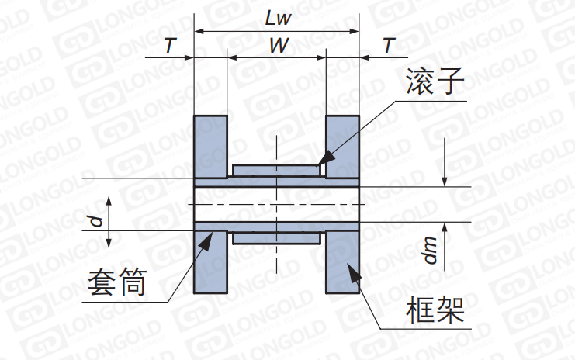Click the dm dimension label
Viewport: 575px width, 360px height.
point(431,250)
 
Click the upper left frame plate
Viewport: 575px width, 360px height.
point(210,147)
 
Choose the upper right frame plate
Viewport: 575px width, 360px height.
point(342,147)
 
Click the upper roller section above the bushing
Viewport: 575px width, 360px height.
point(276,170)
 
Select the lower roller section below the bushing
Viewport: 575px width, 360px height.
point(276,239)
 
